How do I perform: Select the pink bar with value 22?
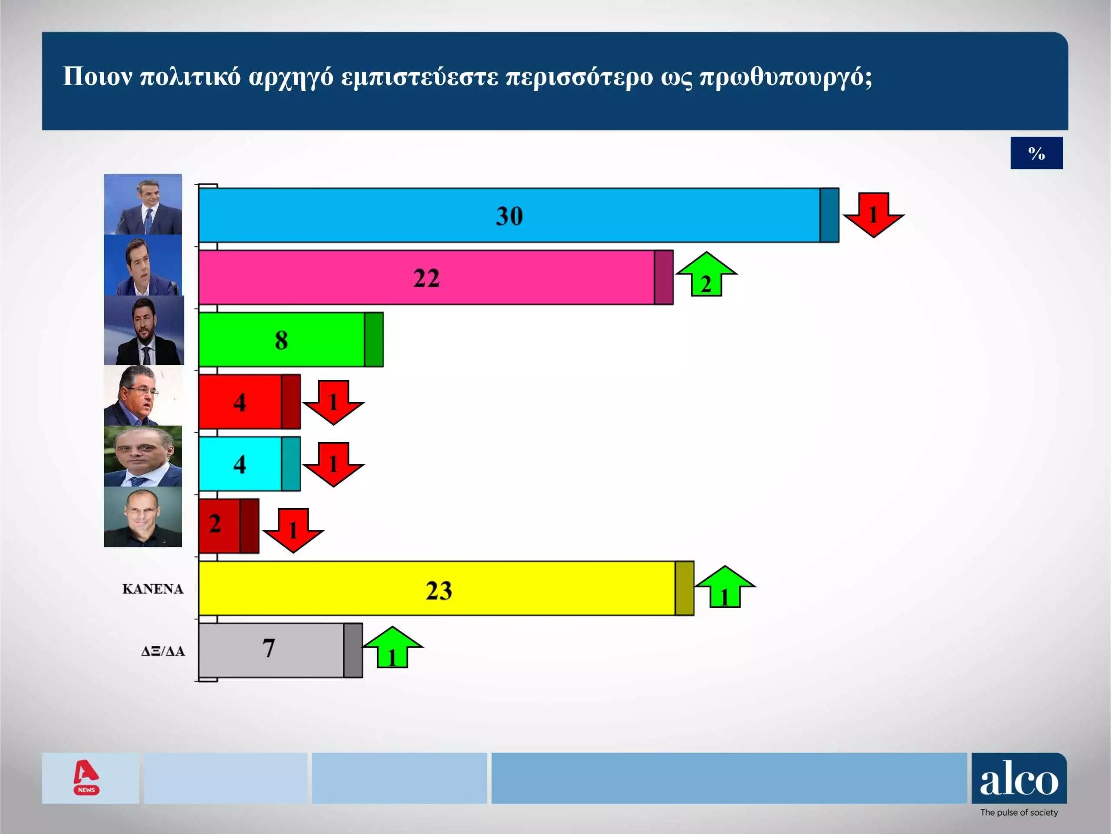[436, 278]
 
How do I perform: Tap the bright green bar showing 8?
[291, 339]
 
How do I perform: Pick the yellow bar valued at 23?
[447, 588]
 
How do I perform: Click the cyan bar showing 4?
[250, 463]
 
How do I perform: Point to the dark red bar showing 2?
[229, 526]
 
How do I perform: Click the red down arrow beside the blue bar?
[874, 215]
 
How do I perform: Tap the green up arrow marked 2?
[706, 274]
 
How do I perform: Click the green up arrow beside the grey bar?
[392, 647]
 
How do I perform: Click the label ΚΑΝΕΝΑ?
[153, 589]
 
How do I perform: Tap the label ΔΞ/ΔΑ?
[163, 652]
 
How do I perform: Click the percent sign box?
[1037, 153]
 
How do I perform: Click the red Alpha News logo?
[86, 777]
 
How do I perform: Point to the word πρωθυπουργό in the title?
[786, 77]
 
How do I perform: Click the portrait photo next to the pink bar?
[144, 265]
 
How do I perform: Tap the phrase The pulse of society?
[1019, 812]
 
